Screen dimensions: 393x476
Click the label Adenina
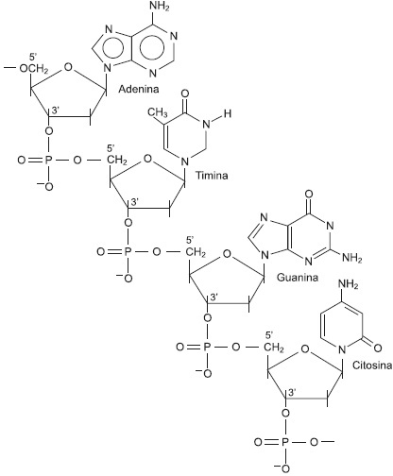(x=139, y=89)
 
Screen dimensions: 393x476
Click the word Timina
(x=212, y=175)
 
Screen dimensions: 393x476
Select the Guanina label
(x=298, y=278)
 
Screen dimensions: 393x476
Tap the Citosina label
(x=372, y=365)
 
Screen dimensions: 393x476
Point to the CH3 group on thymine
(x=158, y=112)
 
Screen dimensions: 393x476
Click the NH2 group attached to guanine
(x=352, y=259)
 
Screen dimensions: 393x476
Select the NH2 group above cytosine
(x=349, y=284)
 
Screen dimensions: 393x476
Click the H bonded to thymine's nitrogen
(x=228, y=113)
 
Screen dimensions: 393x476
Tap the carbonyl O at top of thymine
(x=185, y=93)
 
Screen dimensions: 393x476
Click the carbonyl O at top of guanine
(x=309, y=194)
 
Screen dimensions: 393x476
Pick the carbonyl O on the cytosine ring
(x=378, y=348)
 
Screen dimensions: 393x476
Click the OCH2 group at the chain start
(x=34, y=69)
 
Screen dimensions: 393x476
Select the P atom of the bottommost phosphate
(x=285, y=442)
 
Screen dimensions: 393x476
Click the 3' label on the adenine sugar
(x=56, y=110)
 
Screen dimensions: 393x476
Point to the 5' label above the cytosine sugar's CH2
(x=269, y=335)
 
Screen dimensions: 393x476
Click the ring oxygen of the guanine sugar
(x=227, y=254)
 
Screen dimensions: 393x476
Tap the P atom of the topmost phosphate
(x=48, y=161)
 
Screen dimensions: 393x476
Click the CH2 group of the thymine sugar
(x=117, y=161)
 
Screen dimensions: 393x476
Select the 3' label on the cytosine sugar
(x=292, y=392)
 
